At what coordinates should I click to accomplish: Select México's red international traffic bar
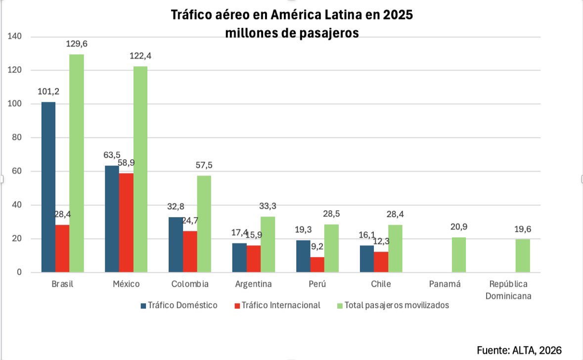click(x=126, y=223)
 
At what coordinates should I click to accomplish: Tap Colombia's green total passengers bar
click(x=204, y=224)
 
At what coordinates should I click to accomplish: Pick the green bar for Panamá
click(x=458, y=255)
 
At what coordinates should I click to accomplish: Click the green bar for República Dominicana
click(x=523, y=256)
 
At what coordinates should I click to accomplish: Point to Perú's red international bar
click(x=317, y=265)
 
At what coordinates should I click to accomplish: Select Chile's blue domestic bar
click(x=367, y=259)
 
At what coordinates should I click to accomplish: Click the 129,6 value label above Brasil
click(x=77, y=45)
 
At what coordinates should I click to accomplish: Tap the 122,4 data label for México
click(x=140, y=56)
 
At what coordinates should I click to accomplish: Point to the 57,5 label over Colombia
click(x=204, y=165)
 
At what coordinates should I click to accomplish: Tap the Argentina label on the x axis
click(x=253, y=284)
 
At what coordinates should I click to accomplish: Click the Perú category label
click(x=317, y=284)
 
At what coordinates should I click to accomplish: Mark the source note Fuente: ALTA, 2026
click(x=519, y=350)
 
